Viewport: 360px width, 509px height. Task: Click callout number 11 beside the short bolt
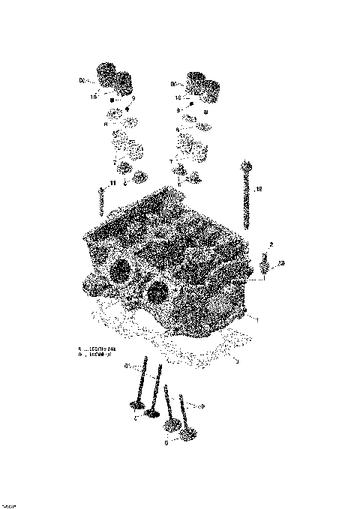[112, 184]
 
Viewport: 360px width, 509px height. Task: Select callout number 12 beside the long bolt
[259, 190]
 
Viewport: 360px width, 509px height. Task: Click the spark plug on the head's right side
[265, 267]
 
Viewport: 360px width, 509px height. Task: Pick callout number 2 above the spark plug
[271, 245]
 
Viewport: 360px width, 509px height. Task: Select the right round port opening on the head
[158, 292]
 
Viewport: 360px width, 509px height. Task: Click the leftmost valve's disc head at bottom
[137, 407]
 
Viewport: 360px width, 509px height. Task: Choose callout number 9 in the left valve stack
[133, 99]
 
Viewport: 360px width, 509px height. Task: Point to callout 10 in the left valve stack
[94, 96]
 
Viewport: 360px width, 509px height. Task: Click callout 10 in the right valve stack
[178, 98]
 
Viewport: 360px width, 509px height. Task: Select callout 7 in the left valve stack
[115, 162]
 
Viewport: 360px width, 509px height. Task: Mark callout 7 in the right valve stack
[171, 162]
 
